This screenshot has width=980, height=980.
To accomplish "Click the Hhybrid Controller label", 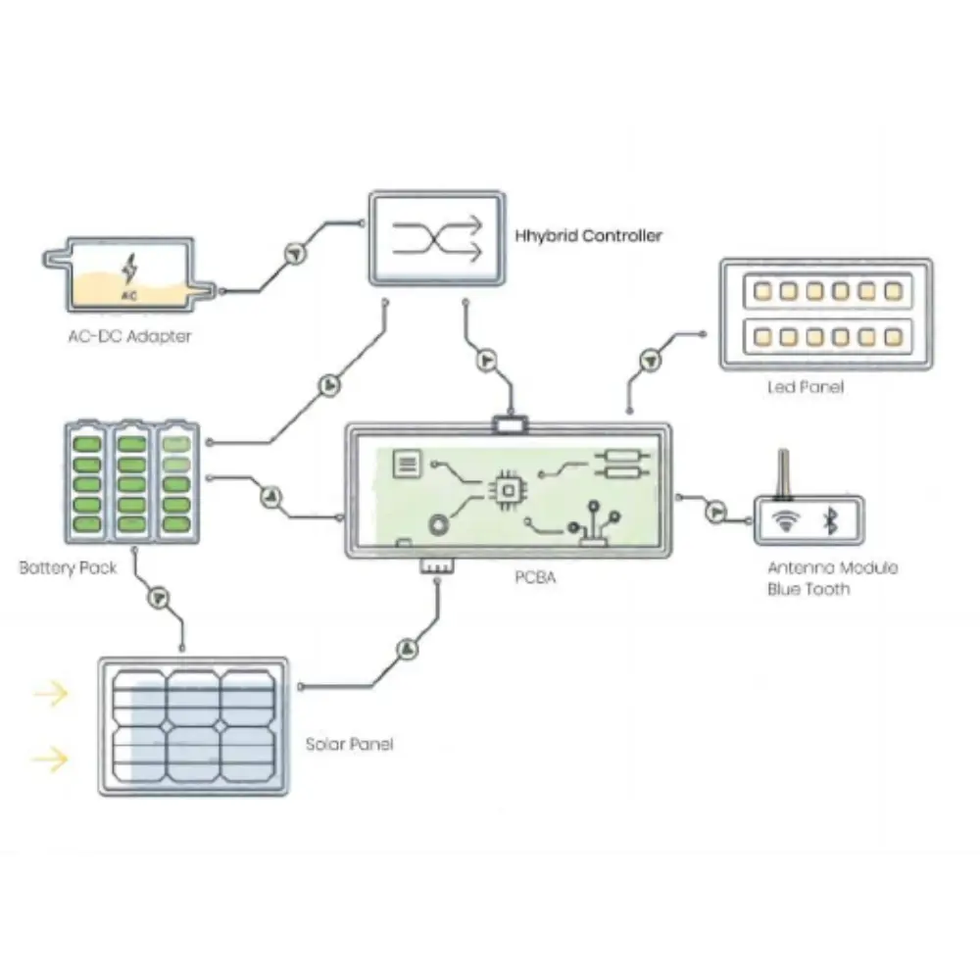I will click(x=588, y=236).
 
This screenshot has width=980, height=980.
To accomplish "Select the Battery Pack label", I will click(x=68, y=567).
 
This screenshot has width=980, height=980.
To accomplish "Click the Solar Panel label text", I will click(x=349, y=744).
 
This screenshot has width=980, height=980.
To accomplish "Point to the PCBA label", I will click(x=535, y=577).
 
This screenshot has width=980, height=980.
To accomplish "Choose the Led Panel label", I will click(x=805, y=387).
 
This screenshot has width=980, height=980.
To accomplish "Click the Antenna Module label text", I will click(x=832, y=567).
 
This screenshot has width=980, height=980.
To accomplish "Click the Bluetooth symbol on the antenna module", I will click(x=830, y=521).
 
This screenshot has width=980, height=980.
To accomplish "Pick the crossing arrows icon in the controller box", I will click(x=437, y=238).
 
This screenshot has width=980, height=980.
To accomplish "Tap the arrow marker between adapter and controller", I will click(x=293, y=252).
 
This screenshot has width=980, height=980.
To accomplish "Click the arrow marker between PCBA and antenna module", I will click(x=716, y=511).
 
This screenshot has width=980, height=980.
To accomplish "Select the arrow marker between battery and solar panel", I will click(x=158, y=597).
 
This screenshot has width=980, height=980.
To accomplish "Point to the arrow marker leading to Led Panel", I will click(x=648, y=361).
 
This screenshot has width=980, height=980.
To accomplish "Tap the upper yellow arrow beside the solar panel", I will click(x=51, y=695).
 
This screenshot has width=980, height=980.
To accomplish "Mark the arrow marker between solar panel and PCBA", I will click(x=407, y=650).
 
